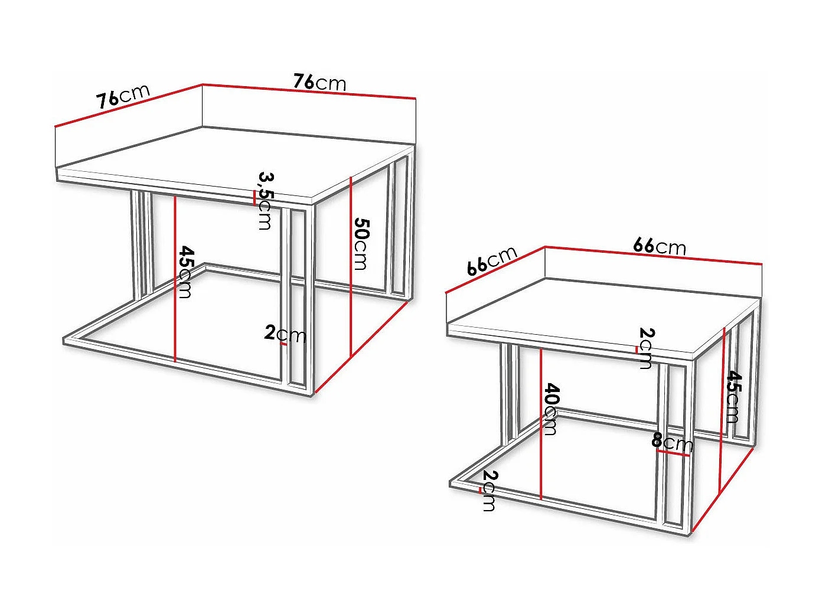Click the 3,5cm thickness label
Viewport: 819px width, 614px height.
click(265, 201)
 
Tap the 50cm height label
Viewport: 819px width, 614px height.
click(361, 243)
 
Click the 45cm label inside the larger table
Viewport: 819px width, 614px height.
click(185, 272)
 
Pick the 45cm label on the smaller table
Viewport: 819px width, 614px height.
click(733, 397)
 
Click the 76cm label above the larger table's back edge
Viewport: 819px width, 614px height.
click(319, 82)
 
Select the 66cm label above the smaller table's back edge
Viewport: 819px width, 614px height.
click(660, 246)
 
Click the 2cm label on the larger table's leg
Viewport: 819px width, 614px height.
click(285, 334)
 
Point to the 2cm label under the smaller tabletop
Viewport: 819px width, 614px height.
click(646, 348)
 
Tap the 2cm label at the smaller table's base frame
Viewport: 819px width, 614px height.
click(489, 491)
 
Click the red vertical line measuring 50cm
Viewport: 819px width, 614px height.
click(351, 266)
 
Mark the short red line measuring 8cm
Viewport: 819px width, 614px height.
click(673, 453)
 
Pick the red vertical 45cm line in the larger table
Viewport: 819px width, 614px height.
click(175, 277)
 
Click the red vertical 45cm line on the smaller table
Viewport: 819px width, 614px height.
click(722, 407)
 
